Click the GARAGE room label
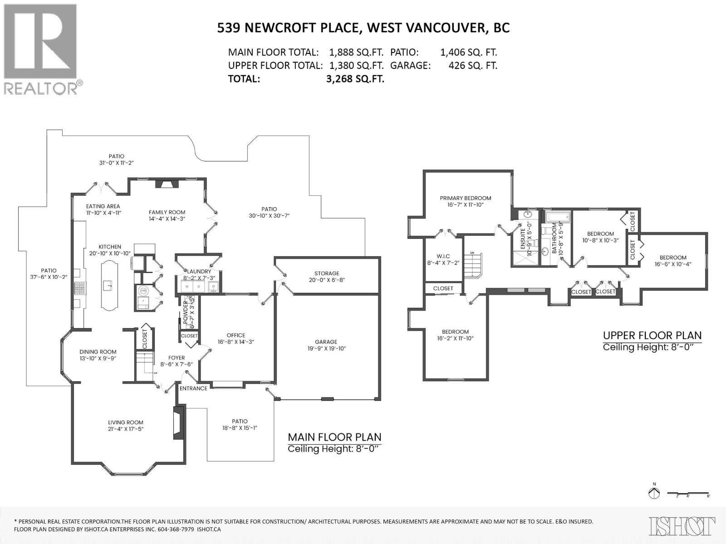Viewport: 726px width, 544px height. click(x=326, y=342)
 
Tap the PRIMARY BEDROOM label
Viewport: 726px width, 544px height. click(x=465, y=198)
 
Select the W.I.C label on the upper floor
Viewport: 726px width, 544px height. click(x=443, y=257)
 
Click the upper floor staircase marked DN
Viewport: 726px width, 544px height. click(x=473, y=266)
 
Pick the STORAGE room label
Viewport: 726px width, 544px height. click(x=327, y=273)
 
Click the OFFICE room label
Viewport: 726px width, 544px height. click(x=236, y=335)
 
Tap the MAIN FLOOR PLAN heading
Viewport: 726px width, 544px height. click(x=334, y=437)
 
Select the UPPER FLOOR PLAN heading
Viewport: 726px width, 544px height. click(x=652, y=335)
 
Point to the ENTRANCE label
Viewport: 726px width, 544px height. click(x=193, y=388)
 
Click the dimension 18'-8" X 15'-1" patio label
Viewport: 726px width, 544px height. click(x=240, y=427)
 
